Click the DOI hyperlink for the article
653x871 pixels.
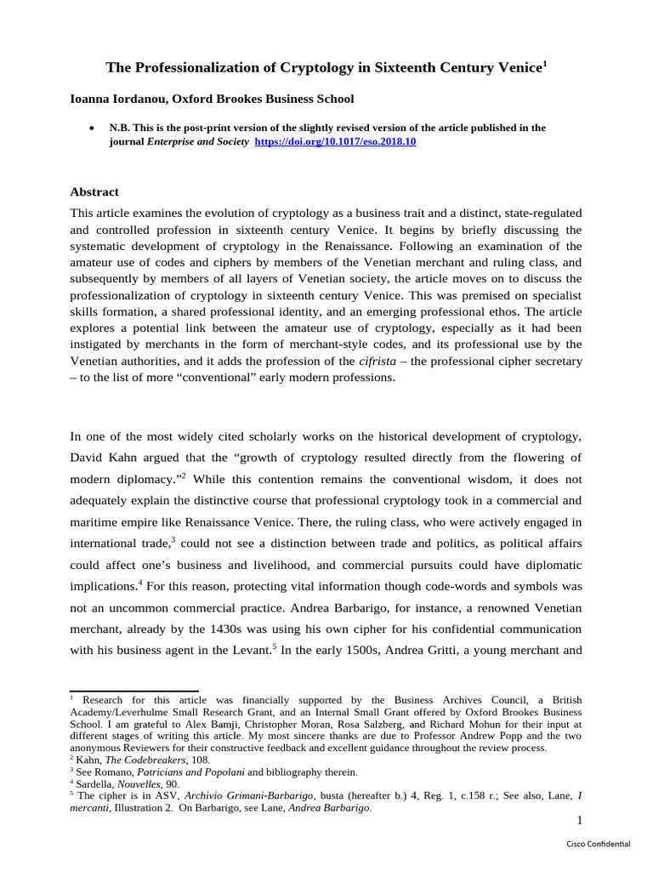click(336, 142)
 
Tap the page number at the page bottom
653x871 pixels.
click(579, 820)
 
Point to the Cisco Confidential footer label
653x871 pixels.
click(599, 843)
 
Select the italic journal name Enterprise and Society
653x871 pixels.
click(198, 142)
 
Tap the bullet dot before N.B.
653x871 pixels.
click(91, 128)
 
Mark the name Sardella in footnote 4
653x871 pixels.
click(97, 784)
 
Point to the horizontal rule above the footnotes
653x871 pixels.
click(133, 691)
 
